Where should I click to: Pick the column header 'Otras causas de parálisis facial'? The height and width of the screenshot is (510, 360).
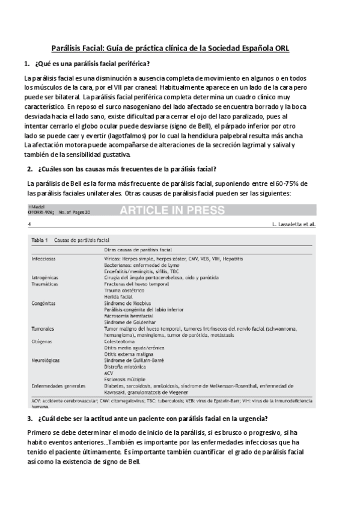point(138,248)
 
